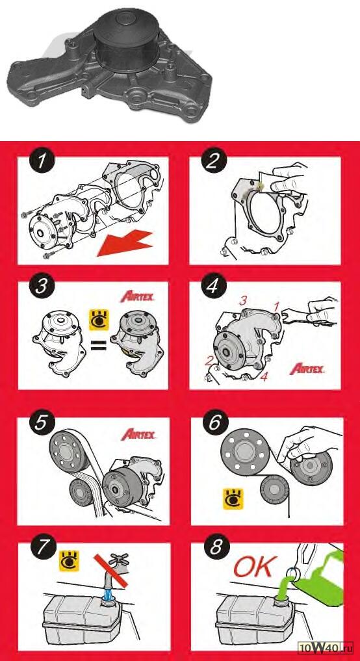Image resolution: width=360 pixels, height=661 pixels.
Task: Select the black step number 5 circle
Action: point(42,422)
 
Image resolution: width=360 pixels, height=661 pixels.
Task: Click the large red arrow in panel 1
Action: point(125,243)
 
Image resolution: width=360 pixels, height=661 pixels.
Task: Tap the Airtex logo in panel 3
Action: point(137,297)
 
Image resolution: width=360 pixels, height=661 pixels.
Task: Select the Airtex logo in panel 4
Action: point(307,369)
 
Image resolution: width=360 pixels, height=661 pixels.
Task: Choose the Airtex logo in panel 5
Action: point(138,435)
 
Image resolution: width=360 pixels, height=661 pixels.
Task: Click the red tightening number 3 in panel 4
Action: point(242,301)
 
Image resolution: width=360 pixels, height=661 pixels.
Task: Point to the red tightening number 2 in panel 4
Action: point(208,361)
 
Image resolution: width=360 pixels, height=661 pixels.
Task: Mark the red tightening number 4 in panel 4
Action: point(263,376)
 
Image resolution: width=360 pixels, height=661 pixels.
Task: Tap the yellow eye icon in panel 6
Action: point(233,499)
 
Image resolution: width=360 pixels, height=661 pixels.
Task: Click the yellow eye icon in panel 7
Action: point(70,561)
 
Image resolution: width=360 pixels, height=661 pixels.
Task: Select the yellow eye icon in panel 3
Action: point(99,320)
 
